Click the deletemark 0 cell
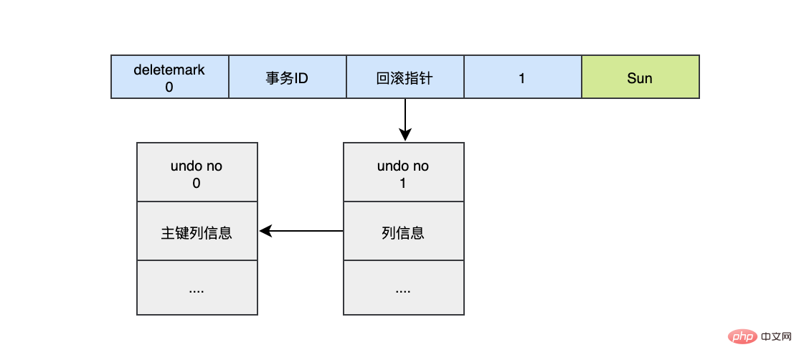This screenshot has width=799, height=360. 169,77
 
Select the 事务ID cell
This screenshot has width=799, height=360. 287,77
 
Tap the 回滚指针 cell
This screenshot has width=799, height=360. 405,77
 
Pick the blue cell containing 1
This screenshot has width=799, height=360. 522,77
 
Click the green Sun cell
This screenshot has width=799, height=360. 640,77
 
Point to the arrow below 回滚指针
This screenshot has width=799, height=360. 405,118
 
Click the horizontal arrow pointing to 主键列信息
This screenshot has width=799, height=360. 301,231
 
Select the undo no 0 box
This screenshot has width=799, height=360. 197,172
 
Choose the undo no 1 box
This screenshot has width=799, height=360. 403,172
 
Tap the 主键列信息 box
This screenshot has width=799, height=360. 197,232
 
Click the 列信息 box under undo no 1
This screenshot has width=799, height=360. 403,232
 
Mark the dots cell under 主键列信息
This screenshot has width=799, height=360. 197,288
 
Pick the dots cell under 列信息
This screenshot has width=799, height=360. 403,288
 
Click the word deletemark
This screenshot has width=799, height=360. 169,70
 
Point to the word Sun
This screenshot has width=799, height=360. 640,77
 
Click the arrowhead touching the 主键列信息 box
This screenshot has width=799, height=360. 265,231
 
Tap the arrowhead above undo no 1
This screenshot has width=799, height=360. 405,136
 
